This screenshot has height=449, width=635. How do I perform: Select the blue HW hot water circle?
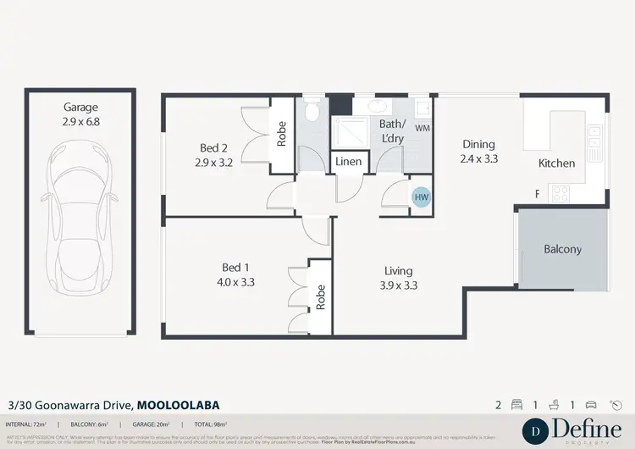[x=421, y=197]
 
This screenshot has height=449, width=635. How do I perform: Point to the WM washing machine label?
[x=422, y=128]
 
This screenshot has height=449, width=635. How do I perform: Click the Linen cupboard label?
[x=349, y=161]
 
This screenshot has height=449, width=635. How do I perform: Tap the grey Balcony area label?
[x=562, y=249]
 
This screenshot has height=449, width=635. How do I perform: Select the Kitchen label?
[x=556, y=164]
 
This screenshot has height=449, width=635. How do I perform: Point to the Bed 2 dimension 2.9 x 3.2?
[x=213, y=162]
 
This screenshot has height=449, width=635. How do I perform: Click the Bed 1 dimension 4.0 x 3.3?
[x=237, y=282]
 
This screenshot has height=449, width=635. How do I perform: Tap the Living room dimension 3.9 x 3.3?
[x=397, y=285]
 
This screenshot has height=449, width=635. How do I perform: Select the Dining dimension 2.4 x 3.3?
[x=478, y=158]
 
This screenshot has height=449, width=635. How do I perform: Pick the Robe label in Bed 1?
[x=321, y=297]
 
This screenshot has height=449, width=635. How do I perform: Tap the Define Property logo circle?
[x=537, y=430]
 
